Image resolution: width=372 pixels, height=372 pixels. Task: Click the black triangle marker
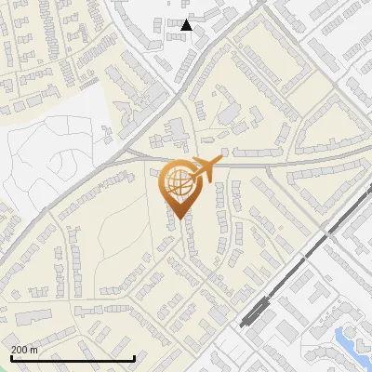(187, 25)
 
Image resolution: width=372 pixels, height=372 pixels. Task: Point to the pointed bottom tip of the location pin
(179, 219)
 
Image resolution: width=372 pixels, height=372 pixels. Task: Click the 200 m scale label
(24, 350)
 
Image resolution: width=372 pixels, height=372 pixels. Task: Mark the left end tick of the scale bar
(10, 358)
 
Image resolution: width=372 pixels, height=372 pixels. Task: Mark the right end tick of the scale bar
(136, 358)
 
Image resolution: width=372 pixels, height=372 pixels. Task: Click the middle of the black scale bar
(73, 359)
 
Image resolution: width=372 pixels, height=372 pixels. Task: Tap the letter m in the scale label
(34, 350)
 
